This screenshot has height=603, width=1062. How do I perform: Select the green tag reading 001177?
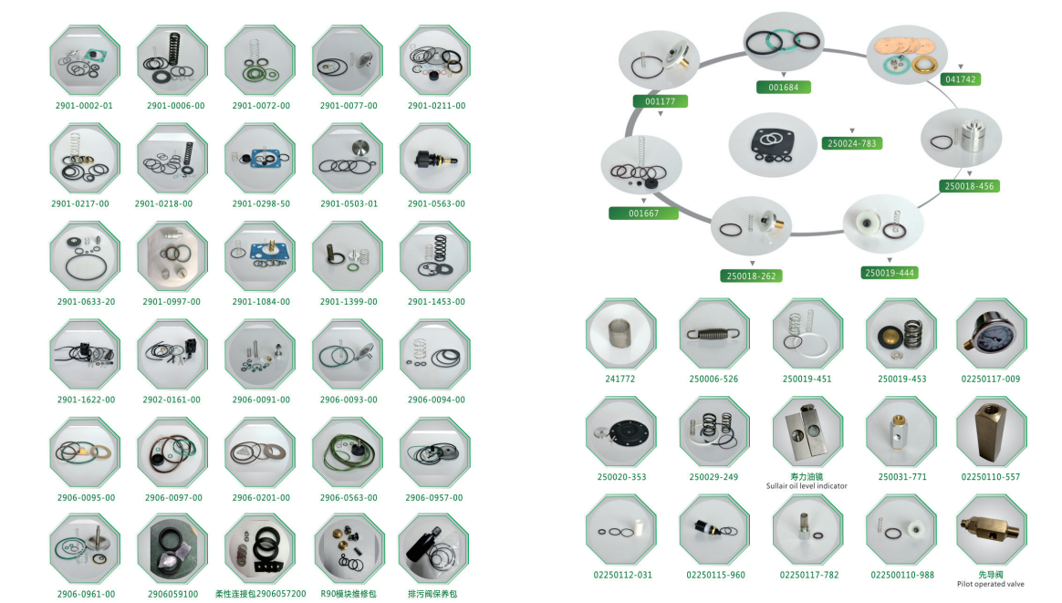coord(661,101)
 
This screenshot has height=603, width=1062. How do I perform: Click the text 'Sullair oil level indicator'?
coord(807,486)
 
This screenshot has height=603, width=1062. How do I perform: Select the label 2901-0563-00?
coord(436,203)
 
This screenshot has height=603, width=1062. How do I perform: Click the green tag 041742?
coord(961,79)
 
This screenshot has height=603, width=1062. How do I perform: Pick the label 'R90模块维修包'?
coord(347,594)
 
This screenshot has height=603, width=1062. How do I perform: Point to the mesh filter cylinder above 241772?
coord(620,334)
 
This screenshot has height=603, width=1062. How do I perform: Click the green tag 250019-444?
coord(890,273)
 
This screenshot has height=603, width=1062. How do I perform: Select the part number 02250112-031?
coord(621,575)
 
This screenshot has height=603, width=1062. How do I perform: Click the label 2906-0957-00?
coord(434,498)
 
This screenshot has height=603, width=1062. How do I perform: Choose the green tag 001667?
coord(643,213)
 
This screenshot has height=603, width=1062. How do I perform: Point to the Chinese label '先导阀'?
coord(990,575)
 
